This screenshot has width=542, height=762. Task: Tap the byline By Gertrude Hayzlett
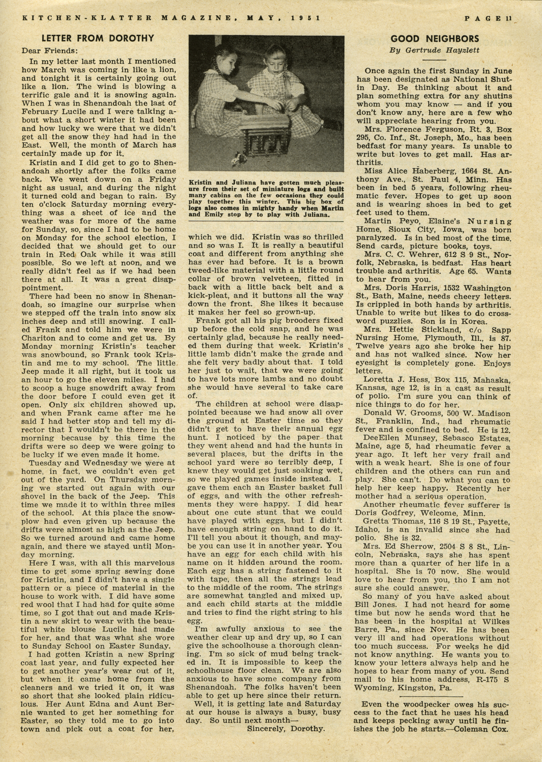(435, 50)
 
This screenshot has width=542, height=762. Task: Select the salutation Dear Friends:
(49, 51)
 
